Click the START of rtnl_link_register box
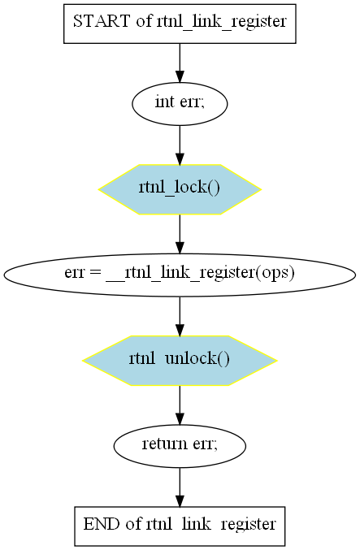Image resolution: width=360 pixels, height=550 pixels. pos(180,24)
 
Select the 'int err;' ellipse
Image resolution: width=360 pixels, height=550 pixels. pos(180,104)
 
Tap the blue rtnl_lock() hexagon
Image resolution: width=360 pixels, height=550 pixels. pos(180,189)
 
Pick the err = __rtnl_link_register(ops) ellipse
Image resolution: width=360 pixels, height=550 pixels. pos(180,275)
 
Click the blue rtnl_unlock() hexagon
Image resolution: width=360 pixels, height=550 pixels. pos(180,361)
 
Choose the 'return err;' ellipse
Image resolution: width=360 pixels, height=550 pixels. pos(180,446)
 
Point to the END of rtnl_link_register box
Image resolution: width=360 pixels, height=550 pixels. pos(180,526)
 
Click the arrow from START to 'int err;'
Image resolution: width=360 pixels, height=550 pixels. pos(180,63)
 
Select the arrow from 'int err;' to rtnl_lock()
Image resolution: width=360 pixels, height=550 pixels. pos(180,145)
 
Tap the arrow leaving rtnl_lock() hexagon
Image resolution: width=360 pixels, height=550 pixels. pos(180,234)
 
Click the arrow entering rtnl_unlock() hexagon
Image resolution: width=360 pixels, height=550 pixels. pos(180,316)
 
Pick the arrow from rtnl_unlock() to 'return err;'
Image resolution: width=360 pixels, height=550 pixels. pos(180,405)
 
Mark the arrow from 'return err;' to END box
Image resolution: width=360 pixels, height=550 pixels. pos(180,487)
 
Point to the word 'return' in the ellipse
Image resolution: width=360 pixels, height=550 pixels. pos(165,444)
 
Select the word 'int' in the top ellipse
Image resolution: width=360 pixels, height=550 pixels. pos(165,102)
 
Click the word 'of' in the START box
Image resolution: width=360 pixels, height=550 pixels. pos(144,22)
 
